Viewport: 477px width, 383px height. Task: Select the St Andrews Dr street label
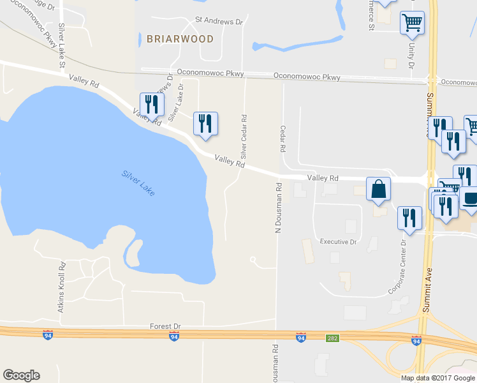click(219, 21)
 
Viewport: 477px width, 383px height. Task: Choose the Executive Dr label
click(338, 242)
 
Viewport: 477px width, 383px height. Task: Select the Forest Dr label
click(165, 326)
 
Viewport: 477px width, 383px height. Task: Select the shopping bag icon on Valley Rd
click(378, 190)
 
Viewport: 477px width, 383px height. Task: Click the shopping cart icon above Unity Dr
click(412, 23)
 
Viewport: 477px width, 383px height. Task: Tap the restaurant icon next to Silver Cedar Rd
click(205, 123)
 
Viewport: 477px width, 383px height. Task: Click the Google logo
click(21, 375)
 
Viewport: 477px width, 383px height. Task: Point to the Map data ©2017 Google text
click(437, 377)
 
